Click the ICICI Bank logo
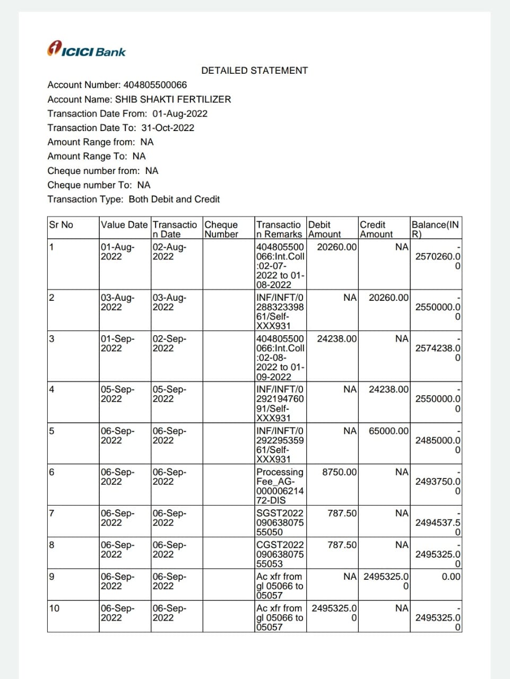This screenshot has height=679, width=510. (x=87, y=49)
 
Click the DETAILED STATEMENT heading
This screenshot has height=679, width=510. (x=254, y=71)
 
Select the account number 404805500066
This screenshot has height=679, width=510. (x=155, y=85)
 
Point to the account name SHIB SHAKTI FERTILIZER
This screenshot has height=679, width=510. (x=173, y=99)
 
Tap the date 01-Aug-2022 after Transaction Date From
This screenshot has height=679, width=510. (x=180, y=114)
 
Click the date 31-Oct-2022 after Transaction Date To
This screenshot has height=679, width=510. (x=168, y=128)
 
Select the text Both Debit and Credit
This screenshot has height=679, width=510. (x=174, y=199)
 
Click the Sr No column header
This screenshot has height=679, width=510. (x=61, y=225)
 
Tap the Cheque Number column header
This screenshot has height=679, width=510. (x=221, y=229)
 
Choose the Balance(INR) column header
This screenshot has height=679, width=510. (x=435, y=229)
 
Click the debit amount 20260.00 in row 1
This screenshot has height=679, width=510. (x=337, y=247)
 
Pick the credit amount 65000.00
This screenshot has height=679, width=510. (x=388, y=431)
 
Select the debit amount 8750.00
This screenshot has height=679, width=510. (x=340, y=472)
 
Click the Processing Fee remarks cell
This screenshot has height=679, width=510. (x=280, y=486)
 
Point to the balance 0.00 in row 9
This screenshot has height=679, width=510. (x=451, y=577)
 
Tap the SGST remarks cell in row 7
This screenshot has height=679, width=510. (x=280, y=523)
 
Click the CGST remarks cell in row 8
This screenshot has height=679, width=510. (x=280, y=554)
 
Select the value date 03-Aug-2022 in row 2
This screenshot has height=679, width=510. (x=117, y=302)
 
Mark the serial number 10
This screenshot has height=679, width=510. (x=54, y=608)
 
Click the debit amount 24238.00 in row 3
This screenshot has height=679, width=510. (x=337, y=339)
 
